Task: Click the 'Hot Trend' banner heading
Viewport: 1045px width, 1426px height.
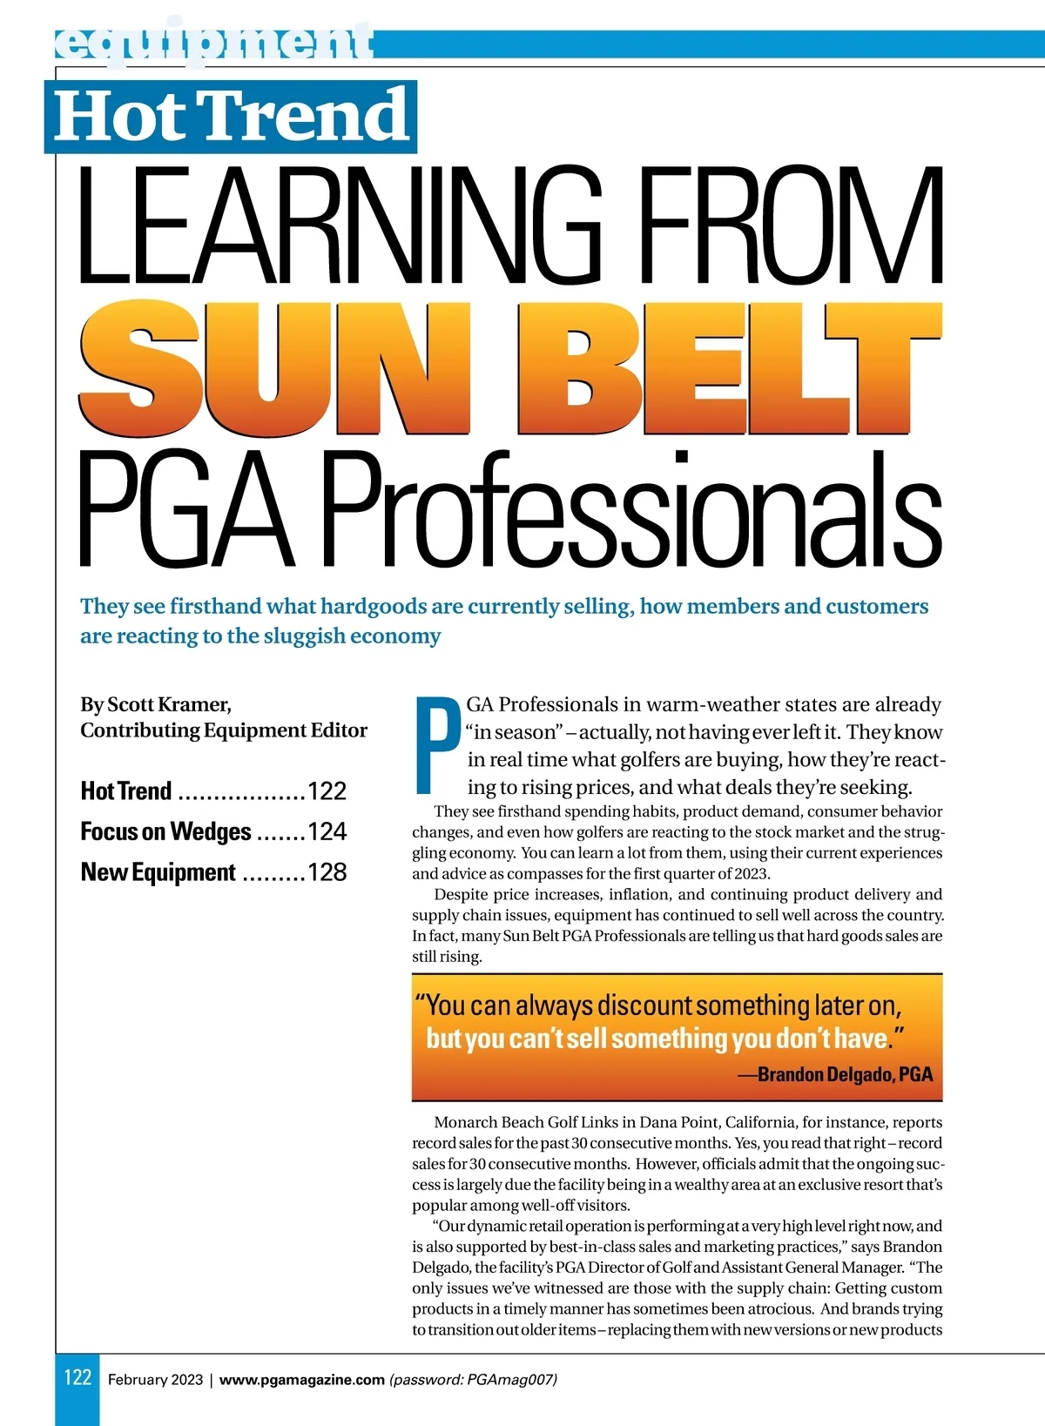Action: click(231, 116)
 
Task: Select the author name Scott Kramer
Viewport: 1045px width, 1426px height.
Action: click(169, 703)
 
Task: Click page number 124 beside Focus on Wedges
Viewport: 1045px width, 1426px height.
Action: click(327, 831)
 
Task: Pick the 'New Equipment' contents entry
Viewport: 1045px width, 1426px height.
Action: click(158, 871)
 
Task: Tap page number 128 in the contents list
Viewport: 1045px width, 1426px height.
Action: click(327, 871)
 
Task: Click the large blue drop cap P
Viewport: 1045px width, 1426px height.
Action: click(437, 746)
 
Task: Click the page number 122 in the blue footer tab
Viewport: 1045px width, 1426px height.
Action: click(78, 1377)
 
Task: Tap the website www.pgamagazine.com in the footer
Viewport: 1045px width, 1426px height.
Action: click(301, 1379)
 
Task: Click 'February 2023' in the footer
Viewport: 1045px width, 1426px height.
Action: click(155, 1379)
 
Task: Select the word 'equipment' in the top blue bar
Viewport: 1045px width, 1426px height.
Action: click(213, 43)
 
